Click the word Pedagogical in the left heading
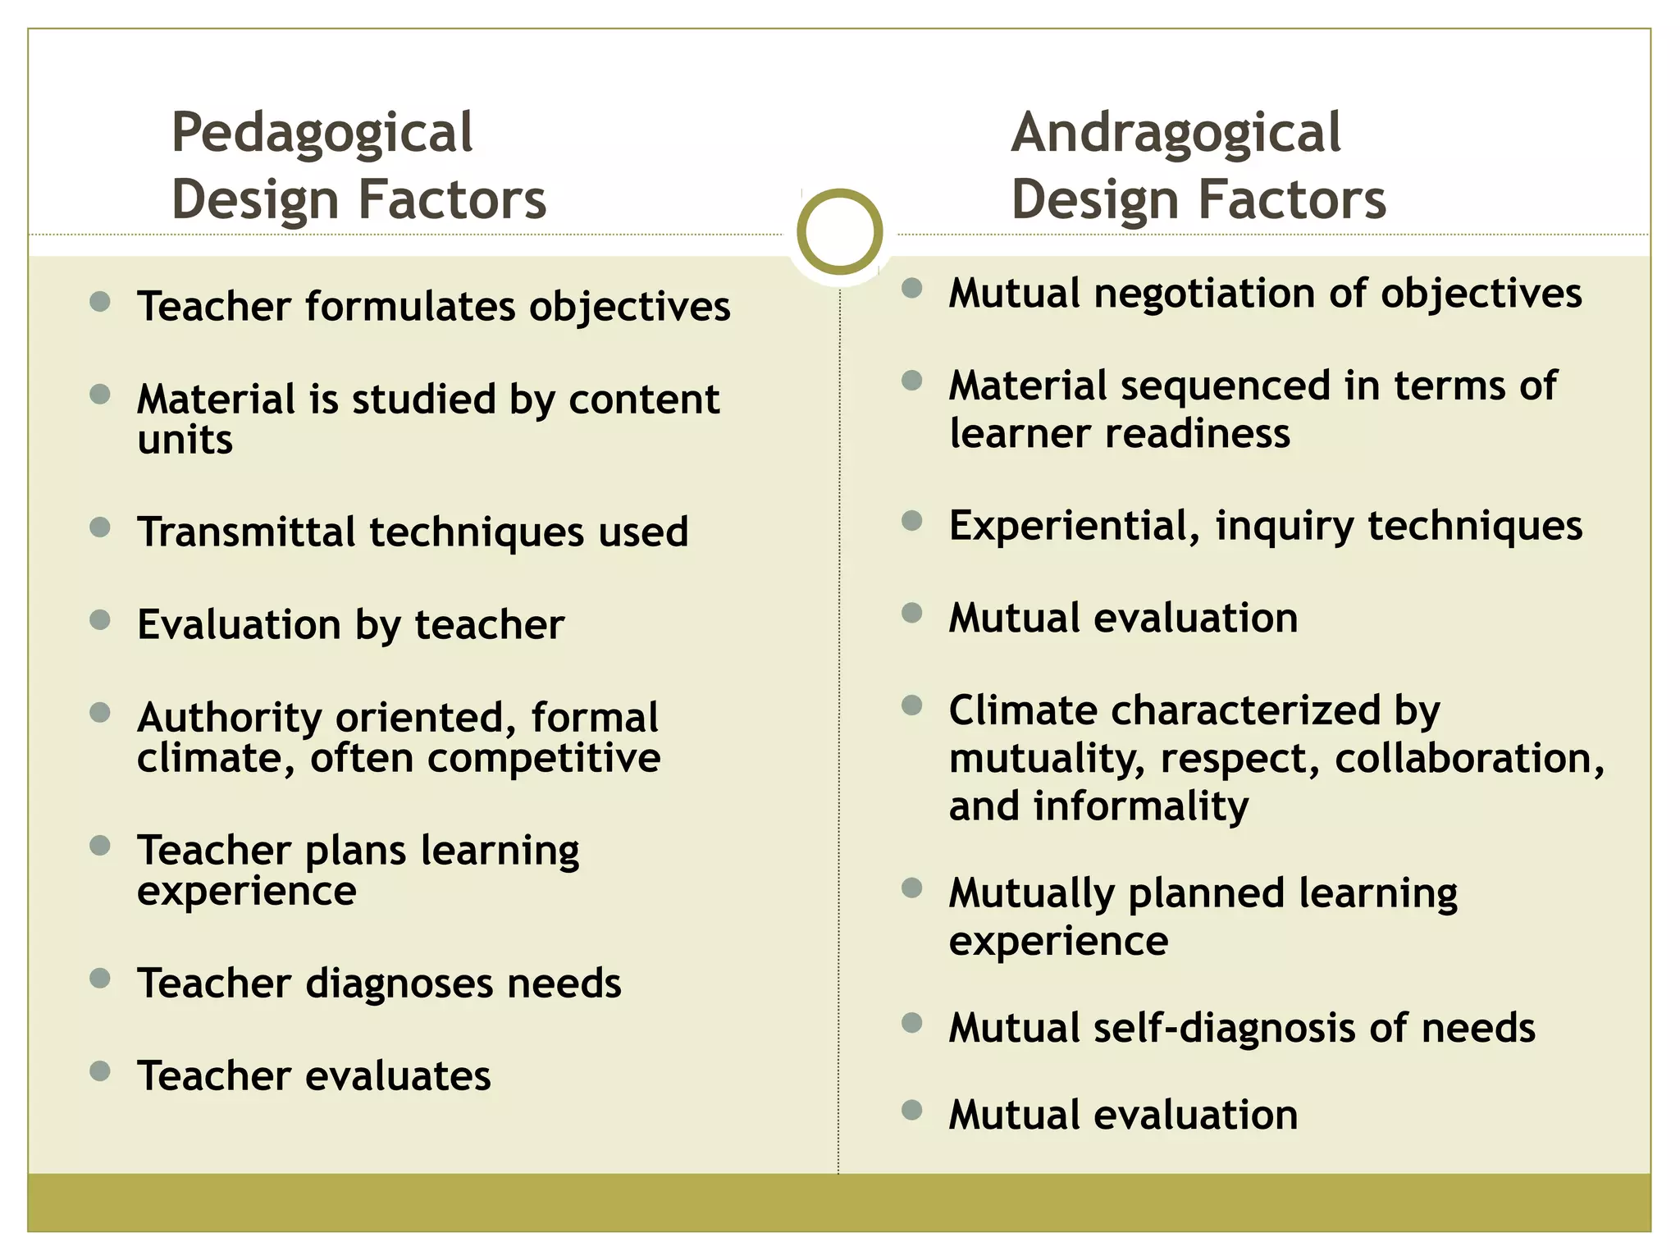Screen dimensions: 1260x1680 (x=322, y=133)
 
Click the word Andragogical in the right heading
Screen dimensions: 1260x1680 (x=1176, y=133)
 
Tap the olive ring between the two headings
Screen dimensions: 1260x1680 (x=839, y=231)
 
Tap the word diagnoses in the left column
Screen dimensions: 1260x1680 (x=399, y=984)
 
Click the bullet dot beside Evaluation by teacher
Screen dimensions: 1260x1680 (x=100, y=619)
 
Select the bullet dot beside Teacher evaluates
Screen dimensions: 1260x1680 (x=100, y=1071)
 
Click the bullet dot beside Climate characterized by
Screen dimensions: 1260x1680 (x=911, y=705)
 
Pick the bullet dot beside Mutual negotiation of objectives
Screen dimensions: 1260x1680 (x=911, y=288)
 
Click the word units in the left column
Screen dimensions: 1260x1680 (x=185, y=440)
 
